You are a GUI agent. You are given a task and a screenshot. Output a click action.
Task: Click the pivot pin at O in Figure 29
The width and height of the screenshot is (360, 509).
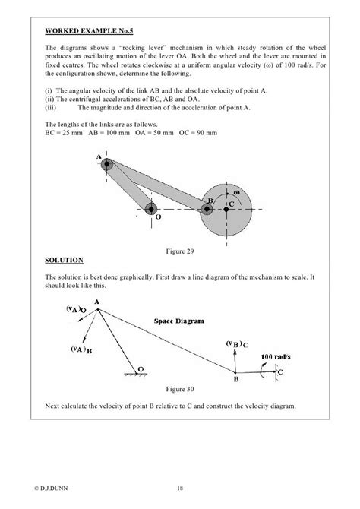coord(151,209)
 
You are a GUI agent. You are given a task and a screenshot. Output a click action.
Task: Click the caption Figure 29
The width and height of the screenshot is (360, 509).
coord(179,250)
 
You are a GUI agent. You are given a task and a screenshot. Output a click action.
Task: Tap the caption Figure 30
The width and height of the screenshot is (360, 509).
coord(179,389)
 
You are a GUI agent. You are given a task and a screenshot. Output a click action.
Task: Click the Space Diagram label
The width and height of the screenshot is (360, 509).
coord(179,321)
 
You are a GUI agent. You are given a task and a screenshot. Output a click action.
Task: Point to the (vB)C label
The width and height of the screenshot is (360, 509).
coord(238,344)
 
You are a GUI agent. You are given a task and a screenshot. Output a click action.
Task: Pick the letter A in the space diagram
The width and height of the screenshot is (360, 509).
coord(98,302)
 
